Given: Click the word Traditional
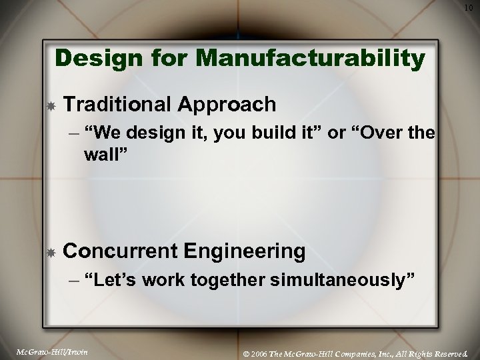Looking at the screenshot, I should [x=117, y=104].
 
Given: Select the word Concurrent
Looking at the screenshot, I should [x=121, y=251].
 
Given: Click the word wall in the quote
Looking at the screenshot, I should [x=103, y=155].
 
